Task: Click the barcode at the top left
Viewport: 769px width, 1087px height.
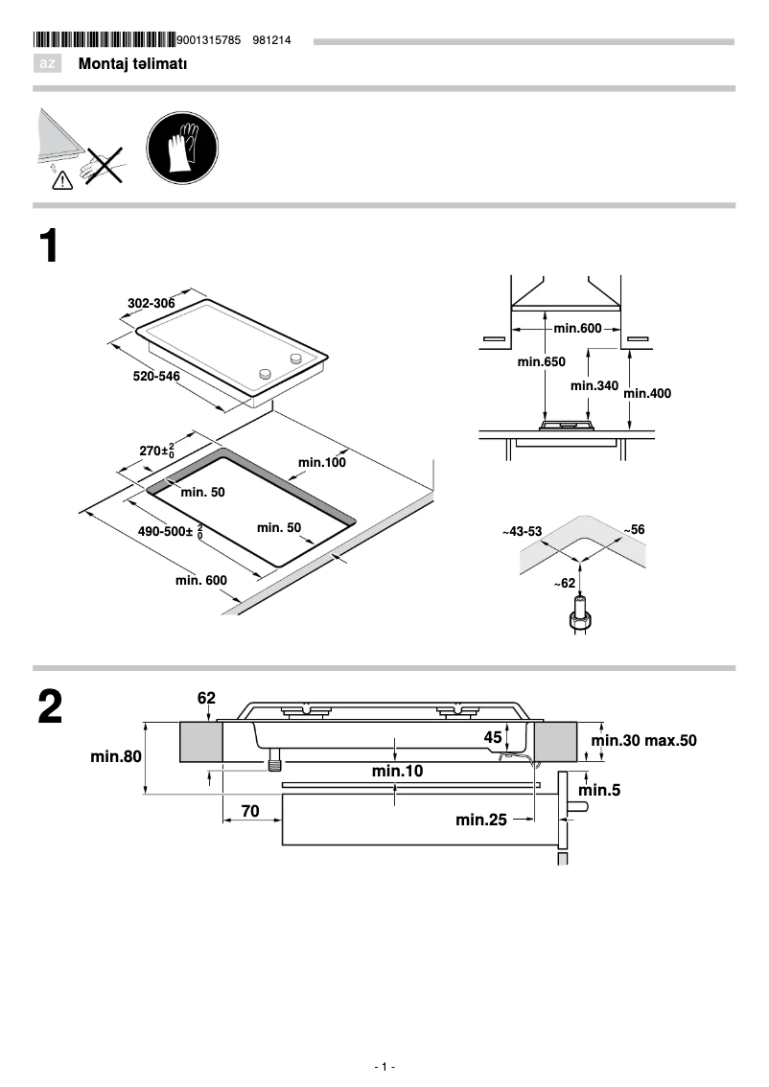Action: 105,40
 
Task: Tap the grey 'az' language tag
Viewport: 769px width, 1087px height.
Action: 47,64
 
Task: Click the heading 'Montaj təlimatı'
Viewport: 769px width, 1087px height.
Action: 132,64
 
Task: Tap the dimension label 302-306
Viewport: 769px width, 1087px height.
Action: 151,304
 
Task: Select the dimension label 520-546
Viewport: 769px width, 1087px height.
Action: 156,377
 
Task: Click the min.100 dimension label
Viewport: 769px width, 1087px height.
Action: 321,462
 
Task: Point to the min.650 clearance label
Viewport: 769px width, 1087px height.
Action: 541,362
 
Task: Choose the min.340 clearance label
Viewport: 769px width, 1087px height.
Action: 594,385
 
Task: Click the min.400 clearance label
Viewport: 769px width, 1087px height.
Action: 648,393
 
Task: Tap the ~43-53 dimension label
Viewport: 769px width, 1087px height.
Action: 523,530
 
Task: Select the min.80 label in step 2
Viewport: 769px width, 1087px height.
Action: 116,756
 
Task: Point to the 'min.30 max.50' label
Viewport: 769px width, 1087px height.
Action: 643,741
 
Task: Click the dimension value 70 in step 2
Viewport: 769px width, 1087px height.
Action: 250,811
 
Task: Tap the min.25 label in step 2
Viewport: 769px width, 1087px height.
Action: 480,819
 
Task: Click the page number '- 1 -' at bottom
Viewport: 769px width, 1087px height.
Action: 384,1067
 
